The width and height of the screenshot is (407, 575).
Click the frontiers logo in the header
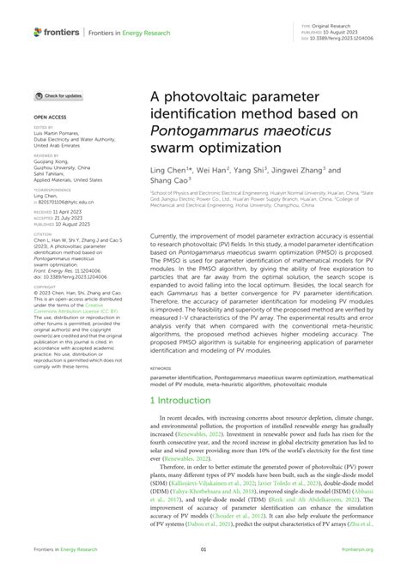[x=57, y=32]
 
